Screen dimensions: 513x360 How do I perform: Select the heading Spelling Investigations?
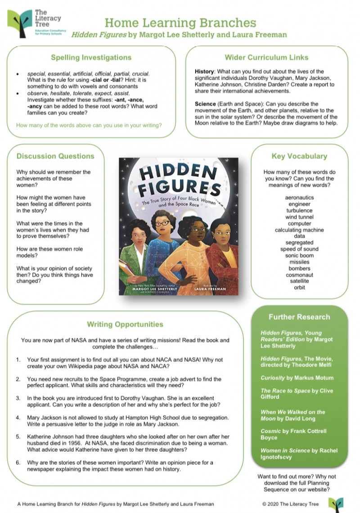pos(91,57)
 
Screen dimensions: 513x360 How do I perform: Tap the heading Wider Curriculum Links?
pos(266,57)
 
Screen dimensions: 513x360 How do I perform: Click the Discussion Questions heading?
pos(55,156)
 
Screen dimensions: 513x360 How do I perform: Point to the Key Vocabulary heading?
pos(299,156)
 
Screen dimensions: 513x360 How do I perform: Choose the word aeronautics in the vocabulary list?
pos(299,197)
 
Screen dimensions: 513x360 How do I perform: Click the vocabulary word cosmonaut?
pos(299,275)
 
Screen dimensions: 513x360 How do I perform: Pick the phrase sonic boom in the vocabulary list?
pos(299,255)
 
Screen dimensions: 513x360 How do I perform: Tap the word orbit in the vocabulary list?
pos(299,287)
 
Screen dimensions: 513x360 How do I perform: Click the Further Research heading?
pos(299,317)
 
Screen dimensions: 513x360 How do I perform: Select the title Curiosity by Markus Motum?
pos(297,377)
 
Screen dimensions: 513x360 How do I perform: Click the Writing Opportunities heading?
pos(125,324)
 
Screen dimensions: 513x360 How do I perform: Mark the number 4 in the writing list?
pos(18,418)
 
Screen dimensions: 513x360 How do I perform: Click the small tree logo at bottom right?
pos(335,504)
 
